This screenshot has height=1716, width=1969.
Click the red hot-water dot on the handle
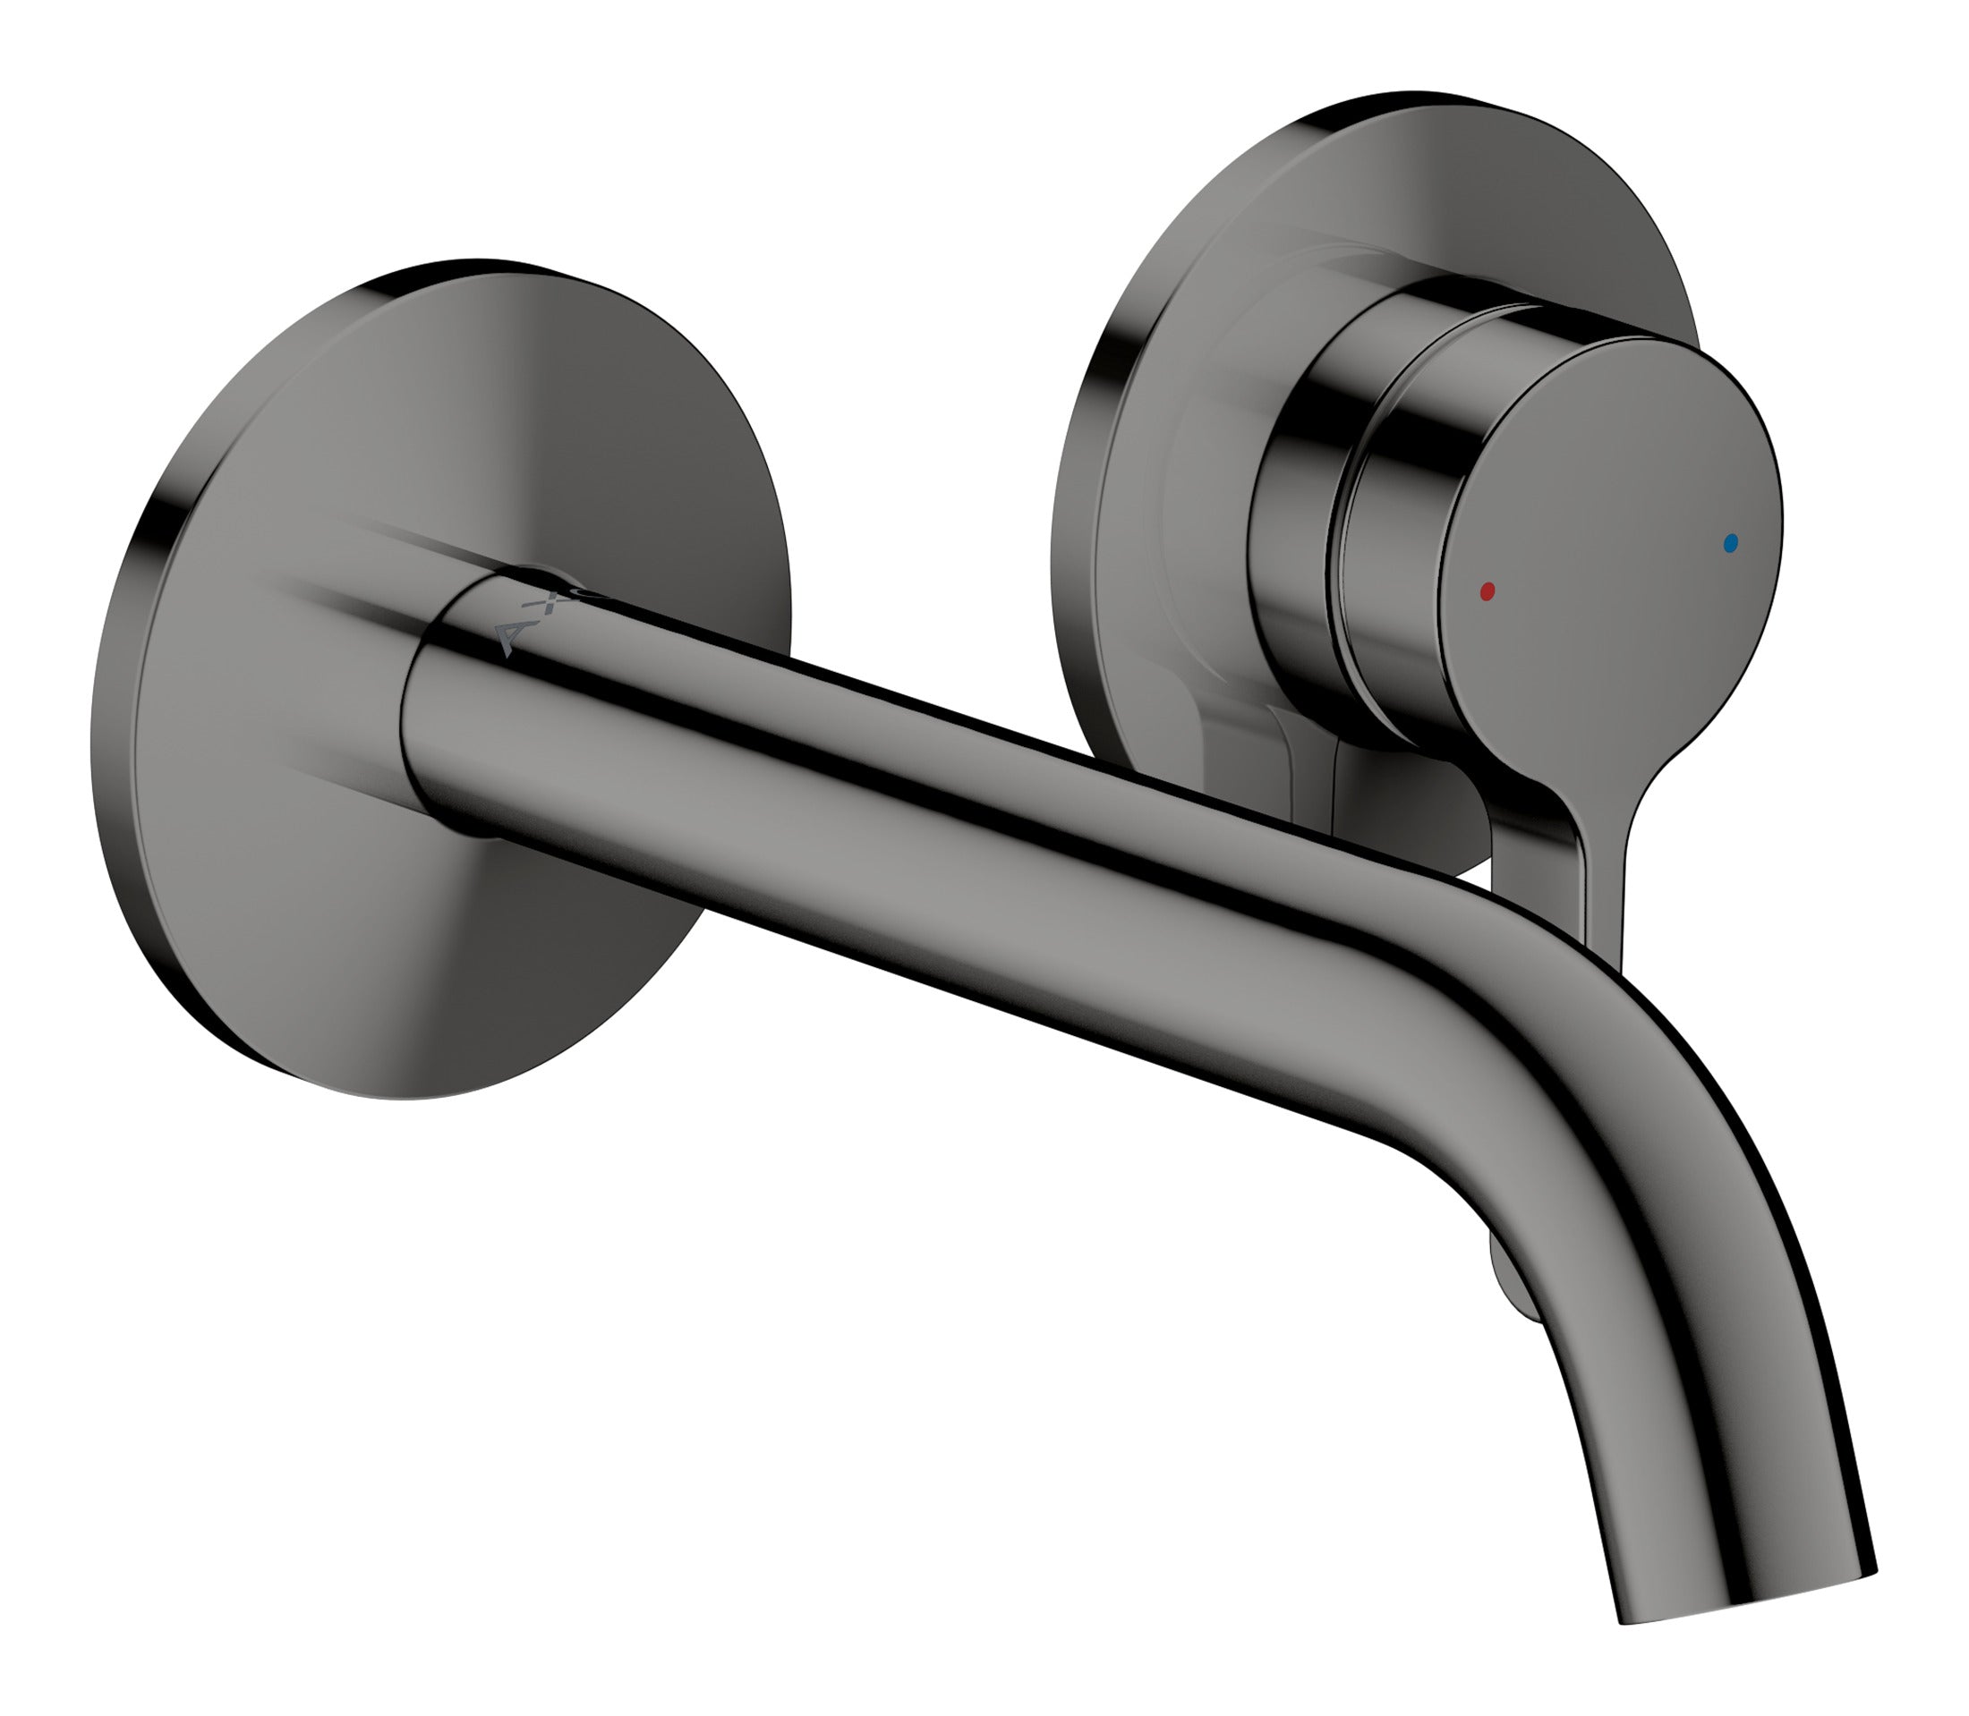coord(1487,590)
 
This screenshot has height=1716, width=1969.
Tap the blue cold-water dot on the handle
coord(1728,544)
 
